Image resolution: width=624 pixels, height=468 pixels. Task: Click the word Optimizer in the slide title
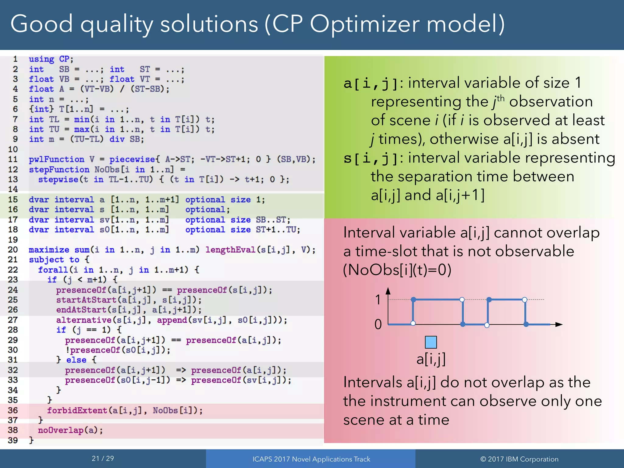pyautogui.click(x=365, y=24)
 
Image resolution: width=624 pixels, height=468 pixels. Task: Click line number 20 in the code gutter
pyautogui.click(x=13, y=250)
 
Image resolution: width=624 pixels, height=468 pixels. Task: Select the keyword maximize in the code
pyautogui.click(x=49, y=250)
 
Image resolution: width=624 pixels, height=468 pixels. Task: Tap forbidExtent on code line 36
pyautogui.click(x=77, y=410)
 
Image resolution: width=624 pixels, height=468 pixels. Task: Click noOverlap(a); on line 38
pyautogui.click(x=70, y=430)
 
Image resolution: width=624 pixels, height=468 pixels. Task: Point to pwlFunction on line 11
pyautogui.click(x=56, y=159)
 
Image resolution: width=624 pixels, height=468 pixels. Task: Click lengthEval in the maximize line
pyautogui.click(x=230, y=250)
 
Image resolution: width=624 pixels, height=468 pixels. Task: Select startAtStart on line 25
pyautogui.click(x=86, y=300)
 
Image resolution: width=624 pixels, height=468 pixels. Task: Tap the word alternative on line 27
pyautogui.click(x=83, y=320)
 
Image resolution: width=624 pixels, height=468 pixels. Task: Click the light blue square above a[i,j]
pyautogui.click(x=431, y=342)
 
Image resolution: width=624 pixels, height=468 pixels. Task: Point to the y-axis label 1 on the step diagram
pyautogui.click(x=378, y=300)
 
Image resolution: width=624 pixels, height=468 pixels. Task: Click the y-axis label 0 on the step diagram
pyautogui.click(x=378, y=324)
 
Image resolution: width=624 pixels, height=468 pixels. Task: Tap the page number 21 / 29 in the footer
pyautogui.click(x=103, y=459)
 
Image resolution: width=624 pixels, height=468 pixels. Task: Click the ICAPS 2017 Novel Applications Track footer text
pyautogui.click(x=311, y=459)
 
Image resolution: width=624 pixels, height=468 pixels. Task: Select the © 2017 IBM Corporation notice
pyautogui.click(x=519, y=459)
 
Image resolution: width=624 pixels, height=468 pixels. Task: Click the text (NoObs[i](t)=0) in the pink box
pyautogui.click(x=397, y=270)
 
